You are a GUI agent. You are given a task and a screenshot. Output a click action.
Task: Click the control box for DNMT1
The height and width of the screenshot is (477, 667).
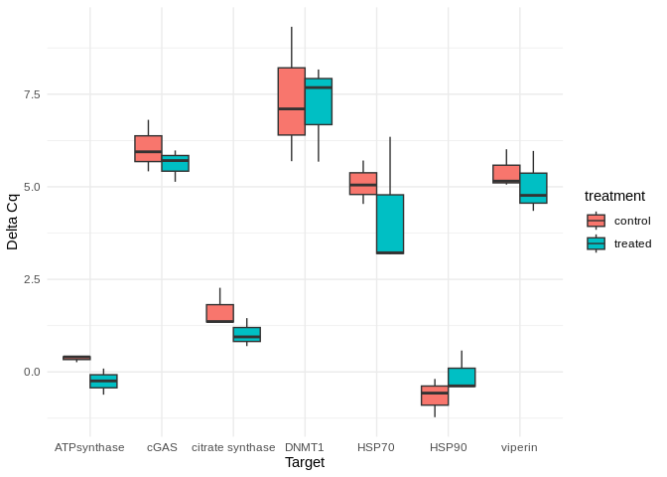click(x=291, y=101)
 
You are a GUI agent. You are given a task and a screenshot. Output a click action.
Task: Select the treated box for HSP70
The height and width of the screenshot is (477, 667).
click(x=390, y=224)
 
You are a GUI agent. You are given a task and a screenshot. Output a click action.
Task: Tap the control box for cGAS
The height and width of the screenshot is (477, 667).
click(x=148, y=148)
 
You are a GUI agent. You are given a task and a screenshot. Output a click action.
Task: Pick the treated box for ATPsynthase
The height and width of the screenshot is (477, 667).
click(x=103, y=381)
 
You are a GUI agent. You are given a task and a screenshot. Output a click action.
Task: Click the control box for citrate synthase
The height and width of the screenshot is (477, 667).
click(x=219, y=313)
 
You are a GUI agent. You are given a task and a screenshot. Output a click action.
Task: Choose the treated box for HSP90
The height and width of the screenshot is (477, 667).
click(x=462, y=377)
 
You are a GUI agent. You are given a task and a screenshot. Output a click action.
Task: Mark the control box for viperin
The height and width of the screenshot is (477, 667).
click(x=506, y=174)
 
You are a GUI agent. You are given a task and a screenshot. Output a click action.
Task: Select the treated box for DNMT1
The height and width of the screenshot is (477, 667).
click(x=319, y=101)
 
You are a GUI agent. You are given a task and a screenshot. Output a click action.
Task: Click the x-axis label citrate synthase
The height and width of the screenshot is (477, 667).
click(x=233, y=447)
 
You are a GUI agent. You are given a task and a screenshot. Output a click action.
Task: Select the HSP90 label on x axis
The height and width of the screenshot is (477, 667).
click(x=448, y=447)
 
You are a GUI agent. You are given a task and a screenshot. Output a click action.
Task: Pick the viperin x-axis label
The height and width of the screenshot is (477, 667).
click(x=519, y=447)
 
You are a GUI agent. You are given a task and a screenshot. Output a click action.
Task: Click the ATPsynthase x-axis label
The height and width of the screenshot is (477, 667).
click(x=90, y=447)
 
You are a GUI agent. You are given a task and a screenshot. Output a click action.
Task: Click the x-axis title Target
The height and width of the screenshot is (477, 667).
click(x=305, y=462)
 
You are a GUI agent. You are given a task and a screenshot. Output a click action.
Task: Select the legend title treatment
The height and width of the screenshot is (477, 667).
click(x=614, y=196)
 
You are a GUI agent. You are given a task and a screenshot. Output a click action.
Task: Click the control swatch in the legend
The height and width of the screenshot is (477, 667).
click(x=596, y=221)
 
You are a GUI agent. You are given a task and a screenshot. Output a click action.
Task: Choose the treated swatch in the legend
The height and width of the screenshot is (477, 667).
click(x=596, y=243)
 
